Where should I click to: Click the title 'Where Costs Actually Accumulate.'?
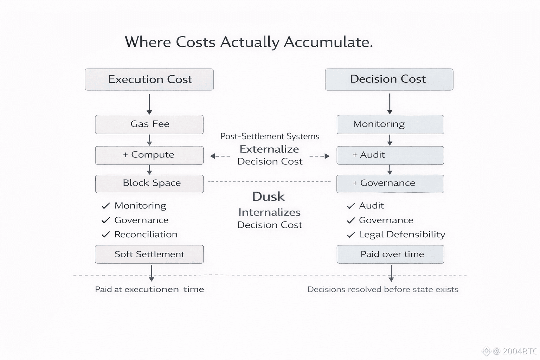point(249,42)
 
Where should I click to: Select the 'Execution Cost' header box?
point(149,79)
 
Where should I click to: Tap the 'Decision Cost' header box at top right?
point(389,79)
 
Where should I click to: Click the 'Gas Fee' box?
point(149,124)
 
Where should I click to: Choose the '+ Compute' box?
point(149,155)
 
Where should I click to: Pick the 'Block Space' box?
point(149,184)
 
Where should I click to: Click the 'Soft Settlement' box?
point(149,254)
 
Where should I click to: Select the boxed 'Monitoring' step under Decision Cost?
point(390,124)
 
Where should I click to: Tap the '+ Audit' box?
point(390,155)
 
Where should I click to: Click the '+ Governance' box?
point(390,184)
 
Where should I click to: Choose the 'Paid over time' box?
point(390,254)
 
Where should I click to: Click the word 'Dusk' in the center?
point(268,197)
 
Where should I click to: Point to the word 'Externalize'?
point(269,149)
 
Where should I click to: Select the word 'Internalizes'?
point(269,212)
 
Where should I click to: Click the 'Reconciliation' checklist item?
point(146,234)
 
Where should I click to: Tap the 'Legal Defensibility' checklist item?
point(402,234)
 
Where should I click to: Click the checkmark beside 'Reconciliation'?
point(105,234)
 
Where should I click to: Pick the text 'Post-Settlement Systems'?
point(270,136)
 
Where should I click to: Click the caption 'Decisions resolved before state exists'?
point(383,289)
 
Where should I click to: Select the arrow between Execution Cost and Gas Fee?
point(149,104)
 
